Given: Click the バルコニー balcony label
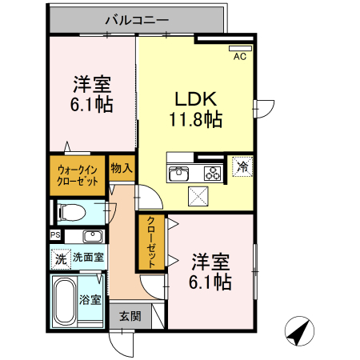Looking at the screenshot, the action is (137, 20).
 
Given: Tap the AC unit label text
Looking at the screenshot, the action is (240, 57).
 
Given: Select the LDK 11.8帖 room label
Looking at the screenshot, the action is (196, 109).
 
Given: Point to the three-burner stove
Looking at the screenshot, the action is (213, 173).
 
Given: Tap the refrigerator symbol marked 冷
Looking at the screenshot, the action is (242, 166).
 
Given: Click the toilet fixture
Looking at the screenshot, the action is (71, 213).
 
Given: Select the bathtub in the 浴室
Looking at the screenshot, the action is (64, 301).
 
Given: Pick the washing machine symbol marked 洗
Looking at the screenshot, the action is (61, 258).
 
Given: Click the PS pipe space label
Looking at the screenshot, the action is (55, 235).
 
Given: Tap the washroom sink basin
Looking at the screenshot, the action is (93, 236).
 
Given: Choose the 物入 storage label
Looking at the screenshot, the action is (122, 168).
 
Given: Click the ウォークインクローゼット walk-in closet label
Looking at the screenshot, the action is (78, 175).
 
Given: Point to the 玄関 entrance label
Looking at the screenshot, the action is (130, 317).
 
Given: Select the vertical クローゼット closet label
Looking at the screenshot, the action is (151, 242).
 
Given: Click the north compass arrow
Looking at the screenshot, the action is (299, 331).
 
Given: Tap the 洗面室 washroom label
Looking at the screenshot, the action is (88, 258).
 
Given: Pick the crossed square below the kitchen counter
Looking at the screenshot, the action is (198, 196).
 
